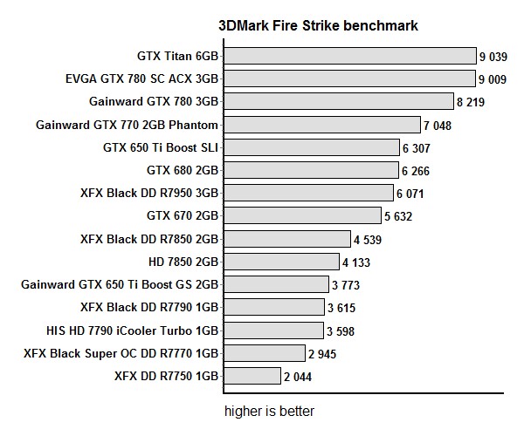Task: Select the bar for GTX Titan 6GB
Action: (x=348, y=57)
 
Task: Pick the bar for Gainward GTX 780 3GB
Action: (x=337, y=102)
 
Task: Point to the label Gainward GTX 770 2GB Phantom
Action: (x=127, y=125)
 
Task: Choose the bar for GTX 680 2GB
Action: (x=310, y=170)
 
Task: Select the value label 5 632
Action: (x=397, y=215)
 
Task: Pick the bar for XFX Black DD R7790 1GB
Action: (x=272, y=307)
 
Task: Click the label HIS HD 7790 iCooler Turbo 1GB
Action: (x=132, y=330)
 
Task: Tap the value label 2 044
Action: (x=297, y=377)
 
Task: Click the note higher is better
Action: (x=269, y=410)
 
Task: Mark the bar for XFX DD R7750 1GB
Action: (x=251, y=376)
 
